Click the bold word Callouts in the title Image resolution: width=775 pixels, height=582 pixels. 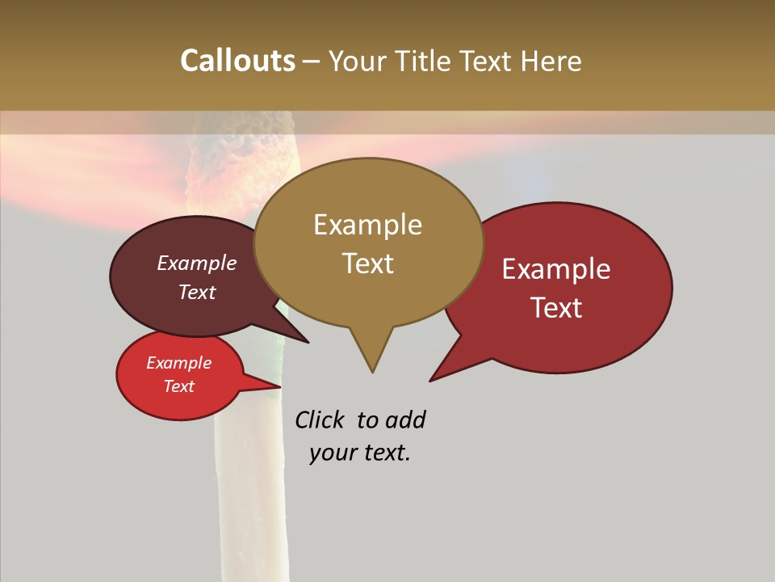(238, 61)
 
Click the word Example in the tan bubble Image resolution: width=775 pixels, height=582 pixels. (367, 225)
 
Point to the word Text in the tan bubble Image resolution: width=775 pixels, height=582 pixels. (368, 264)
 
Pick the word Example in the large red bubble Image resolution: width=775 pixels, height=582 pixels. (556, 269)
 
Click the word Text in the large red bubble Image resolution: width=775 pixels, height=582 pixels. (557, 308)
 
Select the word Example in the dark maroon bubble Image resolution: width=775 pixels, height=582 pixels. (197, 263)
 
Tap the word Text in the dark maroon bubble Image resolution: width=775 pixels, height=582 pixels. (197, 292)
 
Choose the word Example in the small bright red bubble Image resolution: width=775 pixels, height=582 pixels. (179, 363)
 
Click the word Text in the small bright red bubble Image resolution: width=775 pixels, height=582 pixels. (179, 386)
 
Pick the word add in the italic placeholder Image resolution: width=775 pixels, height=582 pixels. (405, 420)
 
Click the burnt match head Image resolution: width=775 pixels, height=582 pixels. (242, 158)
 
